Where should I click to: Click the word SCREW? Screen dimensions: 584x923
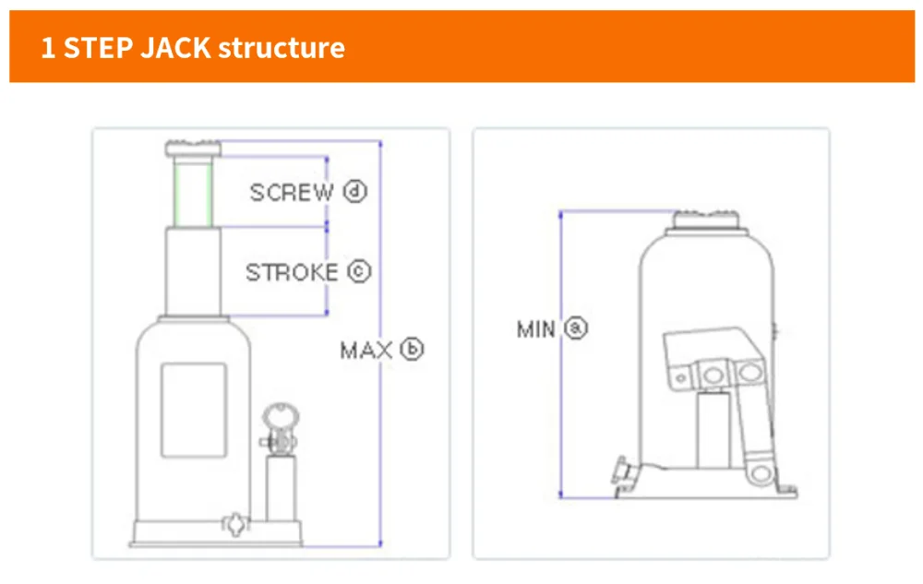pos(292,192)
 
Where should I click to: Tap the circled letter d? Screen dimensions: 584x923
pos(355,192)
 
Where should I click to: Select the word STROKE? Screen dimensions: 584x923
pos(292,273)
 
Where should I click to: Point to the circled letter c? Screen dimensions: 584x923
pos(358,272)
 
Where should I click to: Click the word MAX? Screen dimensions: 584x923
pos(366,351)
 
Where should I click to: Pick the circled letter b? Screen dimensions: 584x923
pos(412,350)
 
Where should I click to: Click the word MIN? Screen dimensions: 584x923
pos(536,328)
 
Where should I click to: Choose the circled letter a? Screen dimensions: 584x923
pos(576,328)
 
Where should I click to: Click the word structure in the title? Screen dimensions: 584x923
pos(282,47)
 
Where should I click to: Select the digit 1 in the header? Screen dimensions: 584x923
pos(48,47)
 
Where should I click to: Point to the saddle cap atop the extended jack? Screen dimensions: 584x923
pos(193,148)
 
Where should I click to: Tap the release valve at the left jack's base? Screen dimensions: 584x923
pos(235,523)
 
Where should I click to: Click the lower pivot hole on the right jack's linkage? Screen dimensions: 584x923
pos(759,474)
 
